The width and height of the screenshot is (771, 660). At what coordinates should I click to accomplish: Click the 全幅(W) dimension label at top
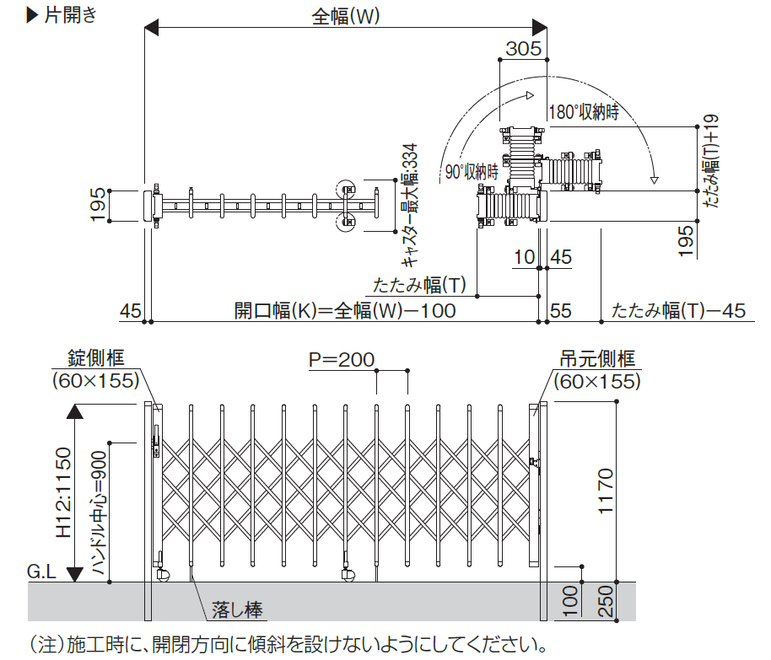tap(345, 15)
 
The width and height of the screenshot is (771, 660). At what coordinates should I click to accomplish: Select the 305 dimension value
tap(523, 49)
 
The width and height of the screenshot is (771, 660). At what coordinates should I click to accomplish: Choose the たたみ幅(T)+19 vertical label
tap(711, 160)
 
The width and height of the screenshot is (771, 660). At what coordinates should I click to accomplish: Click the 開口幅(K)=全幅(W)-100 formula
tap(344, 310)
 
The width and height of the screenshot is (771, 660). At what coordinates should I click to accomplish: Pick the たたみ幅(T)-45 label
tap(679, 310)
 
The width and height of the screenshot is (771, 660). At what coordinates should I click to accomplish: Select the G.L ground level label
tap(41, 572)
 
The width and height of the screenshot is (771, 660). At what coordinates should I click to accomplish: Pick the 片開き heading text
tap(70, 15)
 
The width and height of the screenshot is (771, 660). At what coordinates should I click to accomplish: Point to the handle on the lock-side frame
tap(156, 437)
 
